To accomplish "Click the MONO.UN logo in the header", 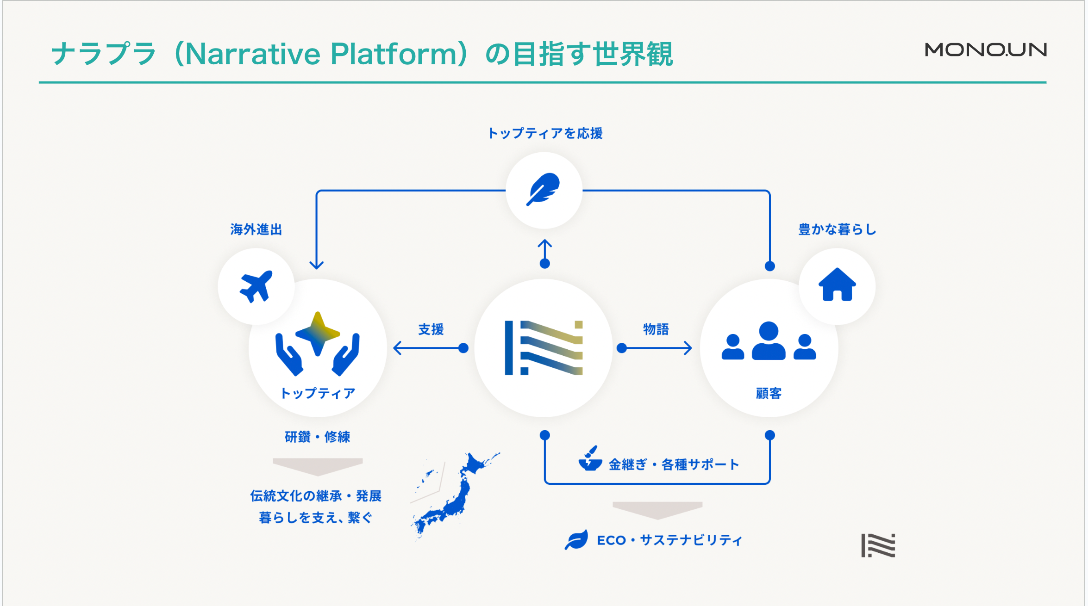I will [985, 49].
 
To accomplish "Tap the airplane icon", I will [256, 286].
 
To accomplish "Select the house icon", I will [837, 285].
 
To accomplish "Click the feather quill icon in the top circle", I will [544, 189].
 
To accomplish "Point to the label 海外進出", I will [256, 229].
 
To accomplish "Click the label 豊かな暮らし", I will [837, 229].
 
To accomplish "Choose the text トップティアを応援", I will [545, 133].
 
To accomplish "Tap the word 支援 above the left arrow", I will [431, 329].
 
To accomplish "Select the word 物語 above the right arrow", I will [656, 329].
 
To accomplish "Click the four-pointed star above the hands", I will [318, 333].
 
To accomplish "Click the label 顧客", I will [769, 393].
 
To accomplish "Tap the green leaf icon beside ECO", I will [576, 540].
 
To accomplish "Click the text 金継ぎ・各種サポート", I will [674, 464].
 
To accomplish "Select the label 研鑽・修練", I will [317, 437].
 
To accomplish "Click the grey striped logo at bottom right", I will [878, 545].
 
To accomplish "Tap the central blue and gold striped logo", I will [544, 347].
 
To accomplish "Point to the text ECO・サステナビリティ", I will [669, 540].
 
